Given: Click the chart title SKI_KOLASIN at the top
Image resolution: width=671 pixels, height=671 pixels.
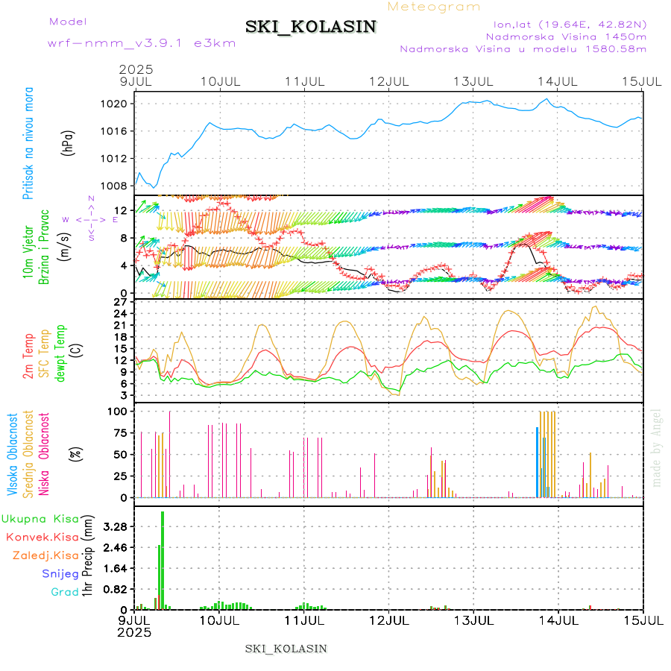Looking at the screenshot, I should click(311, 27).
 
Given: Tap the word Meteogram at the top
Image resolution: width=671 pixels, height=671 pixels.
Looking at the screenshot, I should click(434, 7).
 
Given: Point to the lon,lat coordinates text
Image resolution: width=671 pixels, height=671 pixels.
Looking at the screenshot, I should click(564, 23).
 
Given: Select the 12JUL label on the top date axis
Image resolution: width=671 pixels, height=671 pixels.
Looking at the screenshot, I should click(391, 81).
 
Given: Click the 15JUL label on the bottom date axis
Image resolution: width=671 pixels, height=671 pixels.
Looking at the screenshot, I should click(643, 620).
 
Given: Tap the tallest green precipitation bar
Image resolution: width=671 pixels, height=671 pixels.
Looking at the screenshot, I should click(163, 559).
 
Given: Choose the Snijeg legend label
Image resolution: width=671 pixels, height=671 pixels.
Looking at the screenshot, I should click(60, 573).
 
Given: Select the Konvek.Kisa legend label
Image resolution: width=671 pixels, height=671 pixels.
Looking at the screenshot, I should click(42, 537).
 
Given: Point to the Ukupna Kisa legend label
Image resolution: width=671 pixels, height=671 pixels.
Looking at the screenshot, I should click(40, 518).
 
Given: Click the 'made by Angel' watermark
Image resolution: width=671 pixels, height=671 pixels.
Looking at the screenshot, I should click(657, 447).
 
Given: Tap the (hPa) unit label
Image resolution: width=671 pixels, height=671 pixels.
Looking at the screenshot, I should click(69, 143).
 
